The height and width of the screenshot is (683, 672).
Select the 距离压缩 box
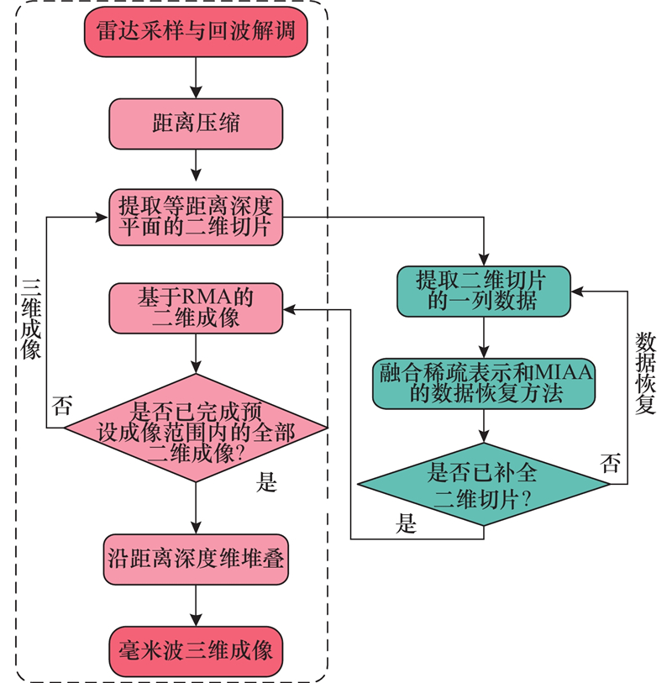(x=195, y=123)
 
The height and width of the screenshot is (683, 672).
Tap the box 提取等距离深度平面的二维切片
(x=195, y=217)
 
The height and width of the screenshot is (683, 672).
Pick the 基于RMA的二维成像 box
(x=195, y=307)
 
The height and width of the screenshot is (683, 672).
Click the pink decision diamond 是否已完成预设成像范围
(x=195, y=427)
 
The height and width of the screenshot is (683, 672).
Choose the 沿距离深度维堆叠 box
(x=195, y=558)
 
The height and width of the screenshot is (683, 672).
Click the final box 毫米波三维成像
(x=195, y=650)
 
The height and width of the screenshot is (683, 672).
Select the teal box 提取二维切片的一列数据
(x=482, y=290)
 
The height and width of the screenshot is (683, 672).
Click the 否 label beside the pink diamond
(x=61, y=407)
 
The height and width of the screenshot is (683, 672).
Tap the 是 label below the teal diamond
(x=407, y=526)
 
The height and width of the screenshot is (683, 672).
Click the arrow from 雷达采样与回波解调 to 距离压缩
(x=195, y=76)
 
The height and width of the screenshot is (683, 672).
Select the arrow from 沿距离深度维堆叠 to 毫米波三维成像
(x=195, y=605)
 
